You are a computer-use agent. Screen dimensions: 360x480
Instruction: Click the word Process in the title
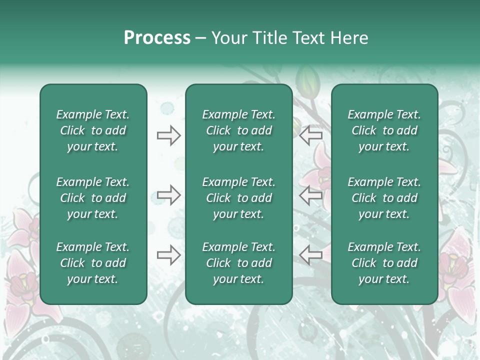[157, 38]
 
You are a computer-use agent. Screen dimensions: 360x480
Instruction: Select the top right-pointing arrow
[168, 135]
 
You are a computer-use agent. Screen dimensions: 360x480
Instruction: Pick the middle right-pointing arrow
[168, 195]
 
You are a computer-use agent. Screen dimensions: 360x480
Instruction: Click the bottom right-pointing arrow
[168, 255]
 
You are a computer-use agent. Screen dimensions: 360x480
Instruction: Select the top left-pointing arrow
[310, 135]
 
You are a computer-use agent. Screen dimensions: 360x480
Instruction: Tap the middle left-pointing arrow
[310, 195]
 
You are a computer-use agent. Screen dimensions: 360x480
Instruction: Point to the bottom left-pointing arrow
[310, 255]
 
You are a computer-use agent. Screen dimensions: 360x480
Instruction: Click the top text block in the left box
[93, 130]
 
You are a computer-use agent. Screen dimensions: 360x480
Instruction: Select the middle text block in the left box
[93, 198]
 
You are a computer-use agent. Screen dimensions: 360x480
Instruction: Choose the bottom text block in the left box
[93, 263]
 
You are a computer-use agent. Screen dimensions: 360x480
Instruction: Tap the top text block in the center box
[239, 130]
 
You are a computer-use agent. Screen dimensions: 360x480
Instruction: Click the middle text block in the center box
[239, 198]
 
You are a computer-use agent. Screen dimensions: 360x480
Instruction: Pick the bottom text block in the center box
[239, 263]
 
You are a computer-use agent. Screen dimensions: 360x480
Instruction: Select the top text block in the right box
[384, 130]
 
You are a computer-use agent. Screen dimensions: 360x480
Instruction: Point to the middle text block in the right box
[384, 198]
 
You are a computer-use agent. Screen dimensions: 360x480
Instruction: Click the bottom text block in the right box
[384, 263]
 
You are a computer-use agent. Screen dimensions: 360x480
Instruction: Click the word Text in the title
[306, 38]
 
